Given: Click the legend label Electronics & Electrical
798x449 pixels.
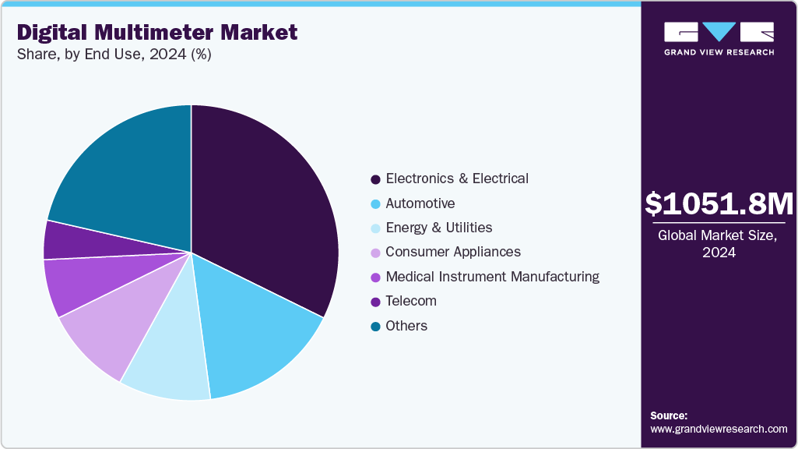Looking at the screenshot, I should pyautogui.click(x=457, y=179).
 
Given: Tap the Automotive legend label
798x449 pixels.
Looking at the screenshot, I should pyautogui.click(x=420, y=203).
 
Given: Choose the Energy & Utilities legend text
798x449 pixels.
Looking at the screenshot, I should pyautogui.click(x=439, y=228).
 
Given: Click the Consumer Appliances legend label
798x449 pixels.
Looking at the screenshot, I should pyautogui.click(x=453, y=252).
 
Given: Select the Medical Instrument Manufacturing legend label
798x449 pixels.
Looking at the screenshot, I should pyautogui.click(x=492, y=277).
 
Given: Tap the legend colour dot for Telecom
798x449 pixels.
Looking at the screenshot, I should pyautogui.click(x=375, y=302).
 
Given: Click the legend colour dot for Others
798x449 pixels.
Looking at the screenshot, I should pyautogui.click(x=375, y=327).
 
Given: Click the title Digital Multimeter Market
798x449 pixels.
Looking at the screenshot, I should pyautogui.click(x=157, y=32).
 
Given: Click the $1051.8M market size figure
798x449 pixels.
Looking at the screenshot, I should pyautogui.click(x=719, y=204).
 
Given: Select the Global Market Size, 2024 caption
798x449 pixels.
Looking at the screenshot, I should pyautogui.click(x=719, y=244).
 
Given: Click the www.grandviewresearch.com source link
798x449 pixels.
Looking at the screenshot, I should pyautogui.click(x=719, y=429).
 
